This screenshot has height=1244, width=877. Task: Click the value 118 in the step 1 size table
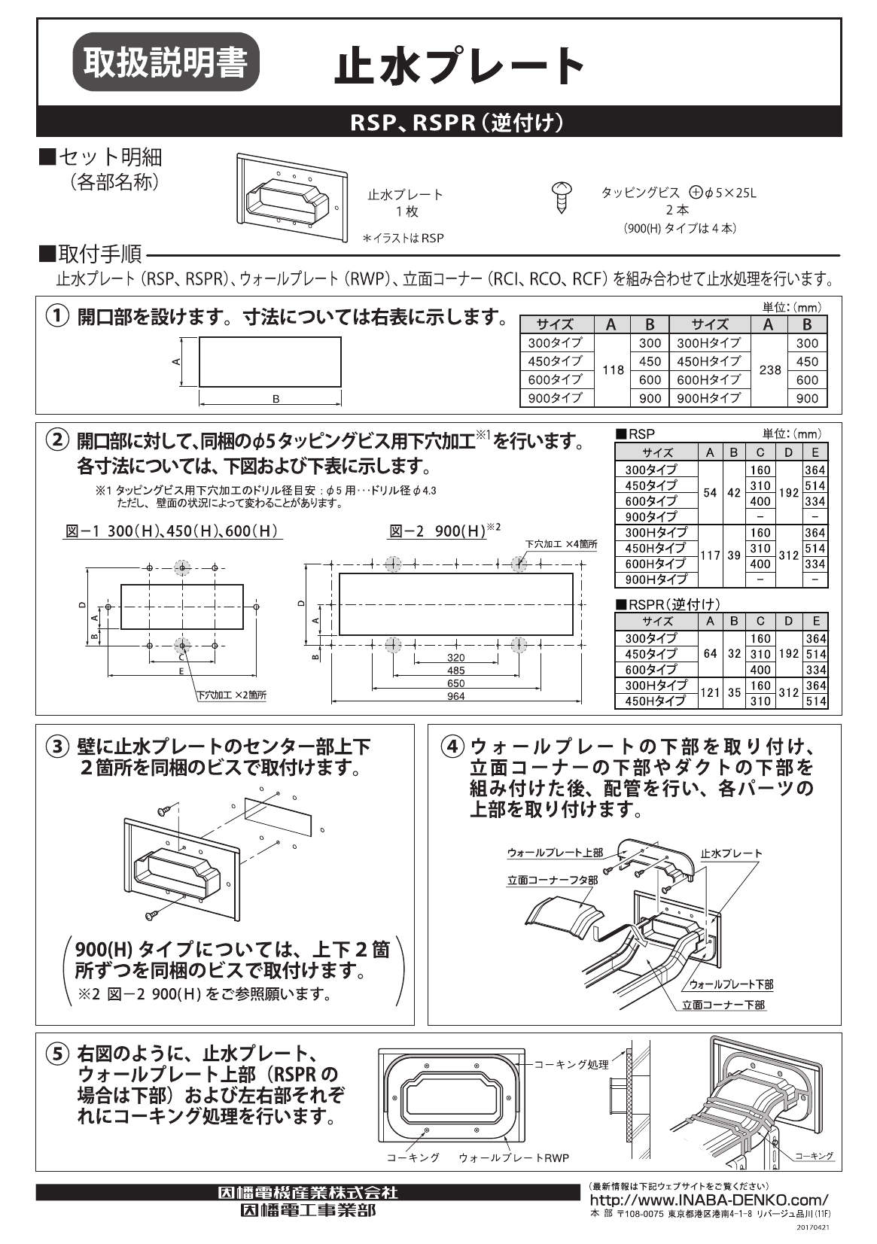pos(614,370)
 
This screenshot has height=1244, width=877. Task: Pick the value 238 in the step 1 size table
pos(769,370)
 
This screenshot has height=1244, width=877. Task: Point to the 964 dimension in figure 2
pos(455,697)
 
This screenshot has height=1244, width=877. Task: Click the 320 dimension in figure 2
pos(455,657)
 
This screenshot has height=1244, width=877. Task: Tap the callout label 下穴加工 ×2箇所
pos(231,695)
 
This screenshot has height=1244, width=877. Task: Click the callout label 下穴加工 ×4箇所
pos(561,543)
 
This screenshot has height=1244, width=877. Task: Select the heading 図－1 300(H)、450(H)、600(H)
pos(172,531)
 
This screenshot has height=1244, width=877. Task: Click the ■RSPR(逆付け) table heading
pos(668,604)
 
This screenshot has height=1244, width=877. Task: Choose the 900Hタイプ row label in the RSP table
pos(656,579)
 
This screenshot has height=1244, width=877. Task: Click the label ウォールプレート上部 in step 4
pos(555,853)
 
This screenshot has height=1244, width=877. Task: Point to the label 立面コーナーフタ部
pos(553,879)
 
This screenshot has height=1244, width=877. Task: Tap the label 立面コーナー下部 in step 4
pos(723,1005)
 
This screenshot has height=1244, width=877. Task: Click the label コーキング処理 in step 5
pos(571,1064)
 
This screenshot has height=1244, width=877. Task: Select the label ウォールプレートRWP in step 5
pos(513,1157)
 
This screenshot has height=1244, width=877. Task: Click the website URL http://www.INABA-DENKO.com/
pos(708,1200)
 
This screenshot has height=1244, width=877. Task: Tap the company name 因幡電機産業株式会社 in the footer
pos(307,1193)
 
